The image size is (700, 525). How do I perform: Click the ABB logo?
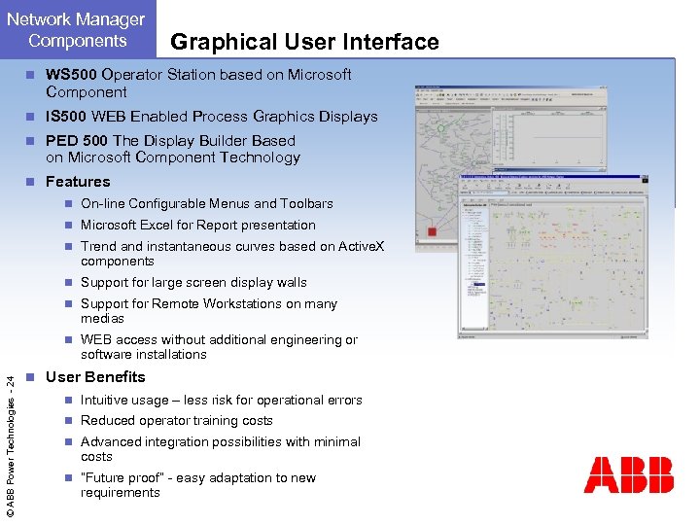(x=628, y=474)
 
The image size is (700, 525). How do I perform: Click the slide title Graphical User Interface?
(x=304, y=42)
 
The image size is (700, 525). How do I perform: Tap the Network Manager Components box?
(x=78, y=29)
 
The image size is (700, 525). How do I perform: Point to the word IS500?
(x=65, y=117)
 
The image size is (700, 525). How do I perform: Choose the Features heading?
(x=78, y=182)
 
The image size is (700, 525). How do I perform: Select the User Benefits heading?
(x=95, y=377)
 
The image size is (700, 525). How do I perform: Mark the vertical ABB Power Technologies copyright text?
(x=11, y=434)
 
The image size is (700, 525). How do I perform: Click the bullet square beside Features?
(x=32, y=182)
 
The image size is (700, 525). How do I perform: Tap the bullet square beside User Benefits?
(x=32, y=377)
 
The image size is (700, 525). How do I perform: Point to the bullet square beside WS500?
(x=32, y=75)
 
